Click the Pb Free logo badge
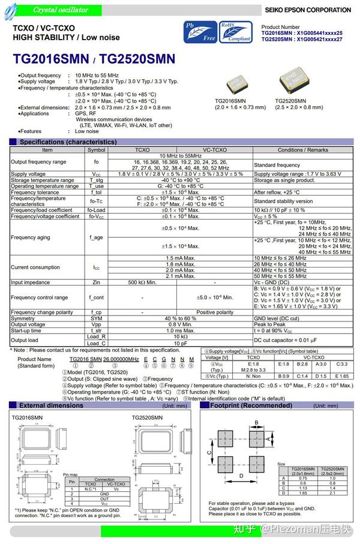click(x=200, y=31)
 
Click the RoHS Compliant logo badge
click(x=235, y=31)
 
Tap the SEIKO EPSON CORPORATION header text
click(x=308, y=10)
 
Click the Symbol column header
click(x=96, y=150)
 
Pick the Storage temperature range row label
click(x=43, y=180)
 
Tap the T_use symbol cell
click(x=96, y=186)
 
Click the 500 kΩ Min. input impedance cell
click(x=142, y=282)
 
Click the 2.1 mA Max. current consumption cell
click(x=180, y=276)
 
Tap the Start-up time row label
click(x=26, y=330)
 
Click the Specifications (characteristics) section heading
click(x=68, y=142)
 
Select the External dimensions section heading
click(x=52, y=405)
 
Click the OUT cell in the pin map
click(x=104, y=498)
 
